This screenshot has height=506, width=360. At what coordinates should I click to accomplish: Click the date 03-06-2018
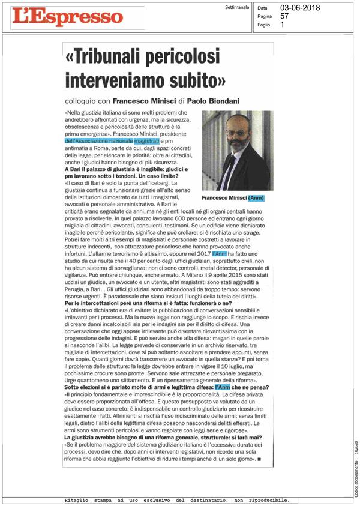300,8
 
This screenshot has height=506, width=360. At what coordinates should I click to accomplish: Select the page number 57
284,16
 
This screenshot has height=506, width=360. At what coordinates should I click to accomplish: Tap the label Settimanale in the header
236,8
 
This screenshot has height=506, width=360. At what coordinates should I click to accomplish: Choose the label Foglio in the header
263,25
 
